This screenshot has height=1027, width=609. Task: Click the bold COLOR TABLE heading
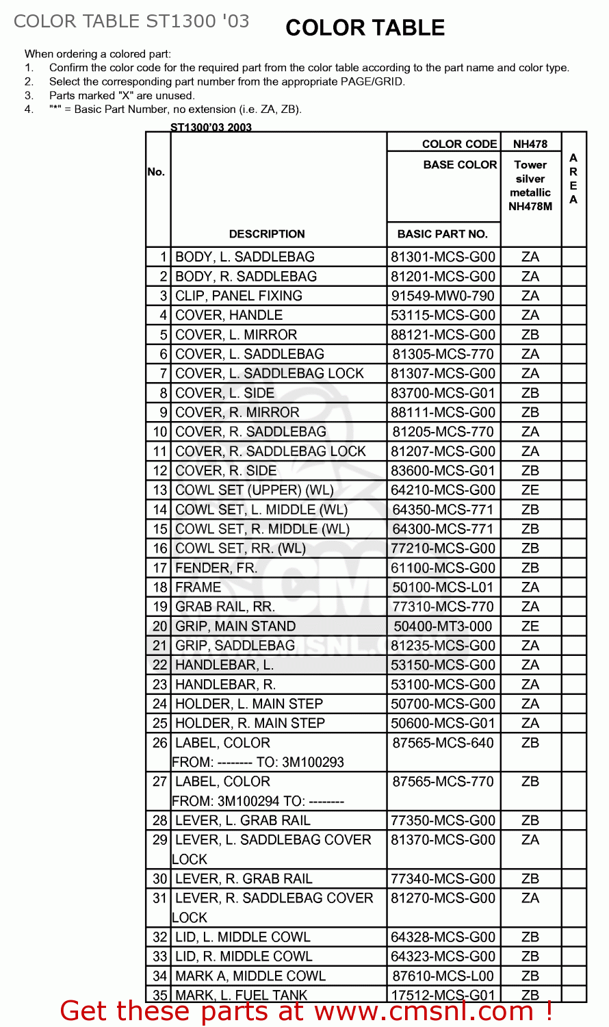(365, 28)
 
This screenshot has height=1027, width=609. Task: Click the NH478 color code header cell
(530, 144)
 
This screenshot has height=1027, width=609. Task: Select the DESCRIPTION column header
(267, 234)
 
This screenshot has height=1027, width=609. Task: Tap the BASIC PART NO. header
(442, 234)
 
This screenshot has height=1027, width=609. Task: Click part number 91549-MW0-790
(443, 296)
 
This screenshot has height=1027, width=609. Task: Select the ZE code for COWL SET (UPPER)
(530, 490)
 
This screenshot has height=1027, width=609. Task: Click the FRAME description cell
(198, 587)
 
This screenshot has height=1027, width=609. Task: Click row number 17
(160, 568)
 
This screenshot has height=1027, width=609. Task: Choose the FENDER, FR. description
(216, 568)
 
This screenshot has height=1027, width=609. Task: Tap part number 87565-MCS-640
(443, 743)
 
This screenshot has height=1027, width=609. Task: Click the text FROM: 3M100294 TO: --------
(258, 801)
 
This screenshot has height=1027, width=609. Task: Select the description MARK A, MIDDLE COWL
(250, 976)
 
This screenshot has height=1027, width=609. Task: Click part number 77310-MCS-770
(443, 607)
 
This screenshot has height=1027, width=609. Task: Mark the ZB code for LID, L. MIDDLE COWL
(530, 937)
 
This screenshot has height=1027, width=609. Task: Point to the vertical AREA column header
(573, 179)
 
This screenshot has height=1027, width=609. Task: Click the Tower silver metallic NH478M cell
(530, 186)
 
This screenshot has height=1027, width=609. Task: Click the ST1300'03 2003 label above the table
(211, 127)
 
